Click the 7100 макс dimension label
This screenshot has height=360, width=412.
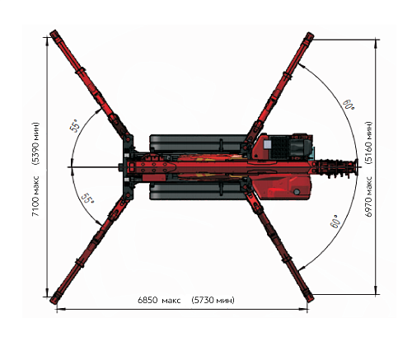coord(35,196)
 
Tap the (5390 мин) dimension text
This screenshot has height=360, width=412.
coord(35,143)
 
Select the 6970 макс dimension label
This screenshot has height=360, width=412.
coord(369,196)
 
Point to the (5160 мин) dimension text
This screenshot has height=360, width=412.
coord(369,143)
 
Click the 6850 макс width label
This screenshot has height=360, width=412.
coord(159,300)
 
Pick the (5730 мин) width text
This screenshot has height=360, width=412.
coord(213,300)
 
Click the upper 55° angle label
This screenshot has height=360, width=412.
coord(75,126)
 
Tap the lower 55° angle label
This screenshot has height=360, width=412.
coord(87,198)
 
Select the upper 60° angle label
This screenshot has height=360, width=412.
coord(349,104)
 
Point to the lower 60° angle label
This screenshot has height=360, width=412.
coord(335,222)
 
